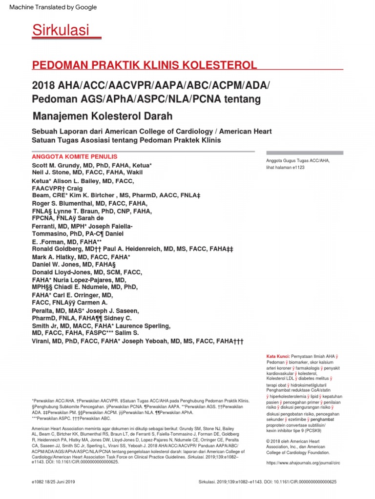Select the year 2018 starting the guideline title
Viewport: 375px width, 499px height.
tap(44, 86)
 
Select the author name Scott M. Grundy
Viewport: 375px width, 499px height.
tap(56, 166)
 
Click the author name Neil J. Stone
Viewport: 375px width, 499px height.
tap(52, 172)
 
